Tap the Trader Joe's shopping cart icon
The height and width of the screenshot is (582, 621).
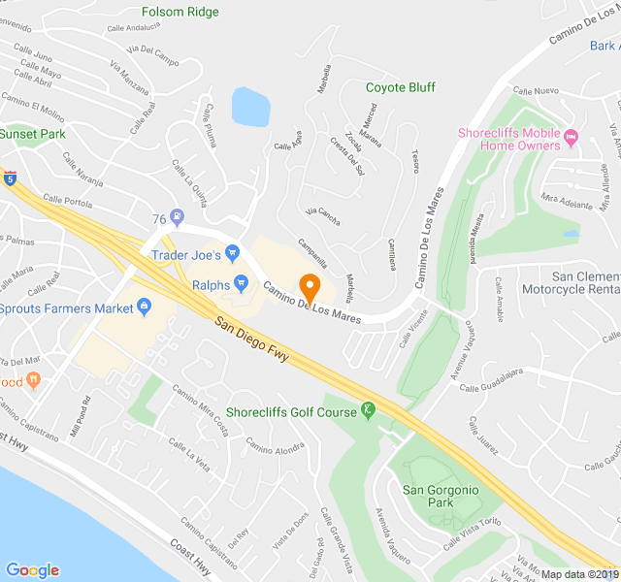pos(232,255)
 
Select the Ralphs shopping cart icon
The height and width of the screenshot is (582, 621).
pos(243,285)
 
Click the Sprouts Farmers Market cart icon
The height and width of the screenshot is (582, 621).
pos(145,308)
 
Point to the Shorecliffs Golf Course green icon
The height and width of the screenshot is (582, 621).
pos(368,411)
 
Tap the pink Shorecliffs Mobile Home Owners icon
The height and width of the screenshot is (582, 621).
pos(572,134)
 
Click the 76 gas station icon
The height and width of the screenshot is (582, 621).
pos(177,217)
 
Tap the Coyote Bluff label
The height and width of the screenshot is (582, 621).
pos(401,87)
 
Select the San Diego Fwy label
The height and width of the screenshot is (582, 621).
pos(254,339)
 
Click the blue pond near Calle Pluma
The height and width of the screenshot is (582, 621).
pos(249,107)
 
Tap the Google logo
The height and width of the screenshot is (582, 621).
pos(32,570)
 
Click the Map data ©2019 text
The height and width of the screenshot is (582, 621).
pos(578,574)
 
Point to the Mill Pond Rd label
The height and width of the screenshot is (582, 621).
pos(79,416)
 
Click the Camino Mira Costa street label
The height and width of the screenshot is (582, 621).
pos(201,409)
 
